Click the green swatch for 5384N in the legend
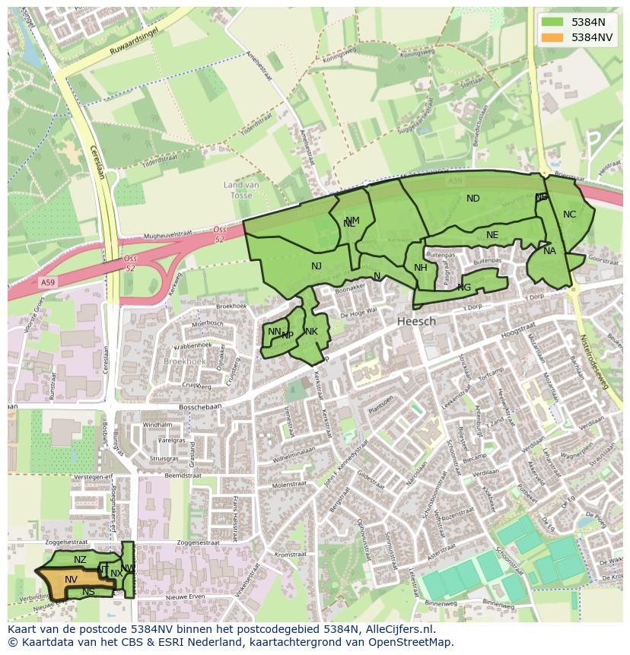pyautogui.click(x=552, y=22)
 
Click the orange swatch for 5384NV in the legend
pyautogui.click(x=552, y=37)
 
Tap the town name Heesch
pyautogui.click(x=416, y=322)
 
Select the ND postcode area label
pyautogui.click(x=473, y=199)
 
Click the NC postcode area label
pyautogui.click(x=569, y=215)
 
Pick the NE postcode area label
pyautogui.click(x=492, y=235)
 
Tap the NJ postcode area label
pyautogui.click(x=317, y=265)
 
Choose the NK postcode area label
pyautogui.click(x=311, y=332)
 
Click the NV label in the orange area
pyautogui.click(x=71, y=580)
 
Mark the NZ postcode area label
pyautogui.click(x=80, y=560)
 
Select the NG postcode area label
pyautogui.click(x=464, y=287)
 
